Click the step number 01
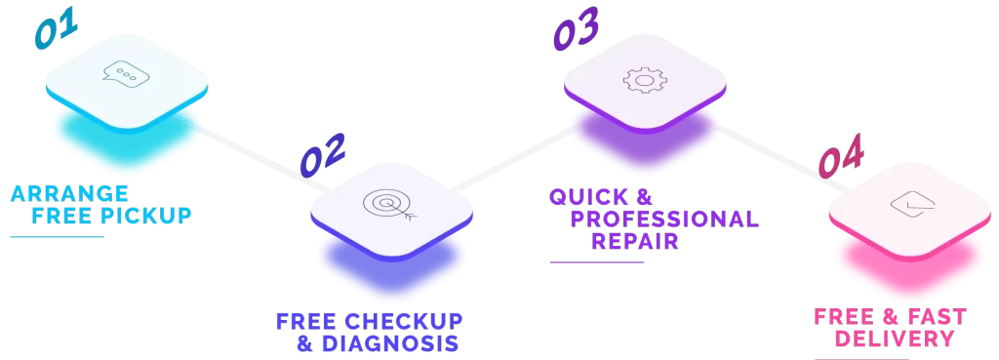point(56,28)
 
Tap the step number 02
point(322,154)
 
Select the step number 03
point(576,28)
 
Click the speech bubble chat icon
point(126,75)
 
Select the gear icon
point(645,80)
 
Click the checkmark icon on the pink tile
point(912,205)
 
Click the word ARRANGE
point(69,193)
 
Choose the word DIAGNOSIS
point(390,343)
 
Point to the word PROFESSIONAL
point(664,220)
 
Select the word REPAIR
point(634,242)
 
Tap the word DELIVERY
point(895,339)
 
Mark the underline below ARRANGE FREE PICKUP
point(58,236)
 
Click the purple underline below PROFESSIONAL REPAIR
point(597,261)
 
